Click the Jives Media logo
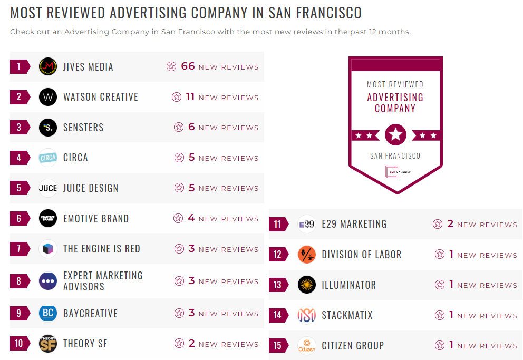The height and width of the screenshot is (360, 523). click(48, 66)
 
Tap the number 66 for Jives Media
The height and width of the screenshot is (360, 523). click(188, 66)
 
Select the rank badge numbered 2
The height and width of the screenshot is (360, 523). click(20, 97)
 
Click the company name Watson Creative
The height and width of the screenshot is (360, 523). click(101, 97)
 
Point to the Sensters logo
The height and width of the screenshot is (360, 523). click(48, 127)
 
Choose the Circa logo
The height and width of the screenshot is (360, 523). click(48, 158)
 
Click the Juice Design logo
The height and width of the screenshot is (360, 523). click(48, 188)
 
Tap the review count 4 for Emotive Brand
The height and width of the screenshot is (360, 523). click(191, 218)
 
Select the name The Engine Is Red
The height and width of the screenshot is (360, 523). click(102, 249)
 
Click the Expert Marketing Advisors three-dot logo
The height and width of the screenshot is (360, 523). click(48, 281)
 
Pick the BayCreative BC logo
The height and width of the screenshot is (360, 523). click(48, 313)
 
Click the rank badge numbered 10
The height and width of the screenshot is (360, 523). click(20, 344)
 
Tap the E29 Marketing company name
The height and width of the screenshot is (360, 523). click(354, 224)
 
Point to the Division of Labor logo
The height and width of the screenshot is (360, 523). click(306, 255)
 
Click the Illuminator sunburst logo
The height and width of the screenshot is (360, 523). click(306, 285)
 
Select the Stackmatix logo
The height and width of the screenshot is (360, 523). click(306, 315)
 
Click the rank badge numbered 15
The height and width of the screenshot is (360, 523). click(278, 346)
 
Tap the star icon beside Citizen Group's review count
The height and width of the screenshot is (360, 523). click(440, 345)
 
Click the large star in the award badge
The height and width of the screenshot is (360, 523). click(395, 135)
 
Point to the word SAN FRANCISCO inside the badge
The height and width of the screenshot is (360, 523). click(395, 156)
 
